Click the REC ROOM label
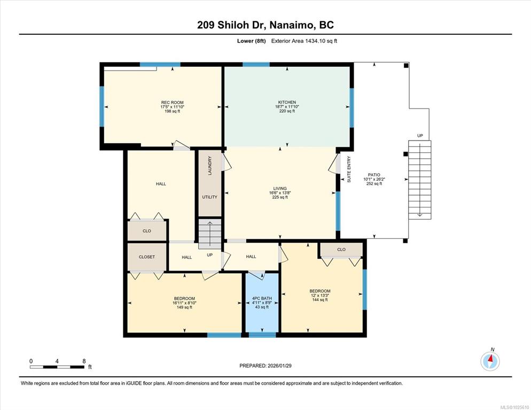(x=173, y=103)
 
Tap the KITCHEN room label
(x=287, y=102)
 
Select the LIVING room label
(x=280, y=188)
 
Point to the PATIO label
(x=374, y=175)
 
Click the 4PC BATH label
(x=262, y=298)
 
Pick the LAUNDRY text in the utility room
(x=210, y=166)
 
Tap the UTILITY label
(x=209, y=197)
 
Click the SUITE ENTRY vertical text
(x=349, y=169)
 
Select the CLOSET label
(x=146, y=257)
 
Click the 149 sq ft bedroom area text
(x=184, y=307)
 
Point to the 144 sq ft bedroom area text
(x=319, y=299)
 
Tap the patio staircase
(x=419, y=180)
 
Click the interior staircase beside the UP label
(x=210, y=234)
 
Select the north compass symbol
(x=490, y=360)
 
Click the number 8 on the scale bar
(x=84, y=361)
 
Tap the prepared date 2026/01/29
(x=279, y=366)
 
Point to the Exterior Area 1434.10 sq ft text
(x=304, y=41)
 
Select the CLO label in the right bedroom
(x=341, y=250)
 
